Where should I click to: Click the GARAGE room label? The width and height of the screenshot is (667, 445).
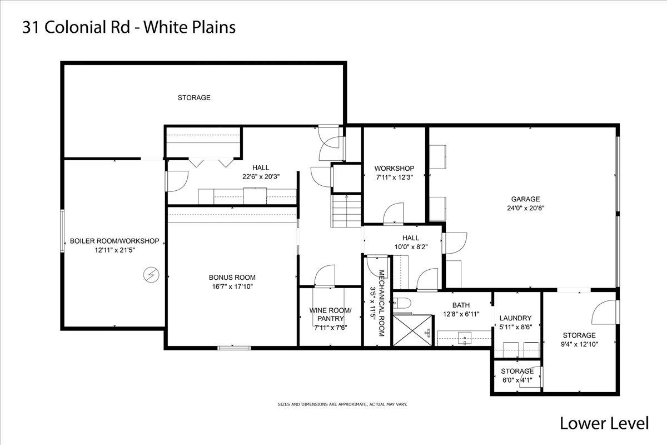(525, 199)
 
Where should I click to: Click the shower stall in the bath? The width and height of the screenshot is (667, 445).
(413, 331)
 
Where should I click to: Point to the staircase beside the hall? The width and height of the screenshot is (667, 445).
(346, 211)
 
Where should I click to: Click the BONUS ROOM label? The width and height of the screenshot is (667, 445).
(232, 278)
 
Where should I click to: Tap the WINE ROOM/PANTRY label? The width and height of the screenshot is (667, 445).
(330, 314)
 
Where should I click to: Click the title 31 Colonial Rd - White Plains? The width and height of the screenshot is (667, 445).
(128, 27)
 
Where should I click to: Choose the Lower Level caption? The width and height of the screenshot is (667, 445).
(604, 423)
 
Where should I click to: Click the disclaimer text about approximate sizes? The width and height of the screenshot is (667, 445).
(342, 404)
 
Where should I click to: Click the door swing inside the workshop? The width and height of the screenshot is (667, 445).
(394, 214)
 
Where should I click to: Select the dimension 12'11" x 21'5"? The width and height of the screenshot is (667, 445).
(114, 250)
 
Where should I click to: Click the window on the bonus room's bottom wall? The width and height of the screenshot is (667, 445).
(234, 348)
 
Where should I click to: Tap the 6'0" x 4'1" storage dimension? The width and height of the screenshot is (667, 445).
(516, 380)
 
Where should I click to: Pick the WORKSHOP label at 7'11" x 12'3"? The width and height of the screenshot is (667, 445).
(394, 169)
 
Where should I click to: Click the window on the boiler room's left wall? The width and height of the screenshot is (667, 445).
(62, 231)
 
